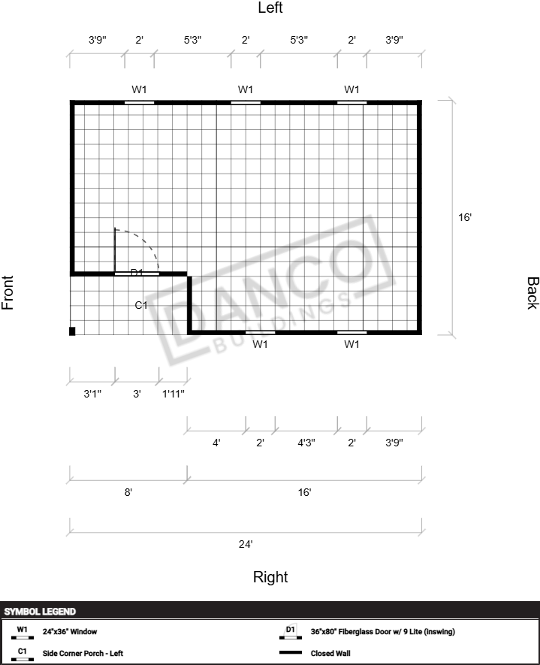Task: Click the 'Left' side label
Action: pyautogui.click(x=270, y=8)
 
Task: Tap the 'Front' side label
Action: pyautogui.click(x=8, y=292)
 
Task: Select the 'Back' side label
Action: pyautogui.click(x=532, y=293)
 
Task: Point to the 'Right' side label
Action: pyautogui.click(x=270, y=577)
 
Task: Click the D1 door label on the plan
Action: pyautogui.click(x=137, y=272)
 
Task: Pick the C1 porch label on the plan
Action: pyautogui.click(x=141, y=305)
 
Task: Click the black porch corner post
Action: pyautogui.click(x=72, y=331)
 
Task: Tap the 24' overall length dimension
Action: pyautogui.click(x=246, y=544)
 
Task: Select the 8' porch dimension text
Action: pyautogui.click(x=128, y=492)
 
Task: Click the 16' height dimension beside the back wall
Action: pyautogui.click(x=465, y=217)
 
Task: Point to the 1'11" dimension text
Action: pyautogui.click(x=173, y=394)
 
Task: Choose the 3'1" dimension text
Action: pyautogui.click(x=92, y=394)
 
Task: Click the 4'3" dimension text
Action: pyautogui.click(x=306, y=443)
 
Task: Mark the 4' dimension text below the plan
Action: pyautogui.click(x=216, y=443)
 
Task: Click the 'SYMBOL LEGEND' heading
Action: pyautogui.click(x=40, y=611)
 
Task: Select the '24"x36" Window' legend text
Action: pyautogui.click(x=70, y=631)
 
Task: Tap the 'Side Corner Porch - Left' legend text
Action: pyautogui.click(x=83, y=653)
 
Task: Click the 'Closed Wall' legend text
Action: pyautogui.click(x=330, y=653)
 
